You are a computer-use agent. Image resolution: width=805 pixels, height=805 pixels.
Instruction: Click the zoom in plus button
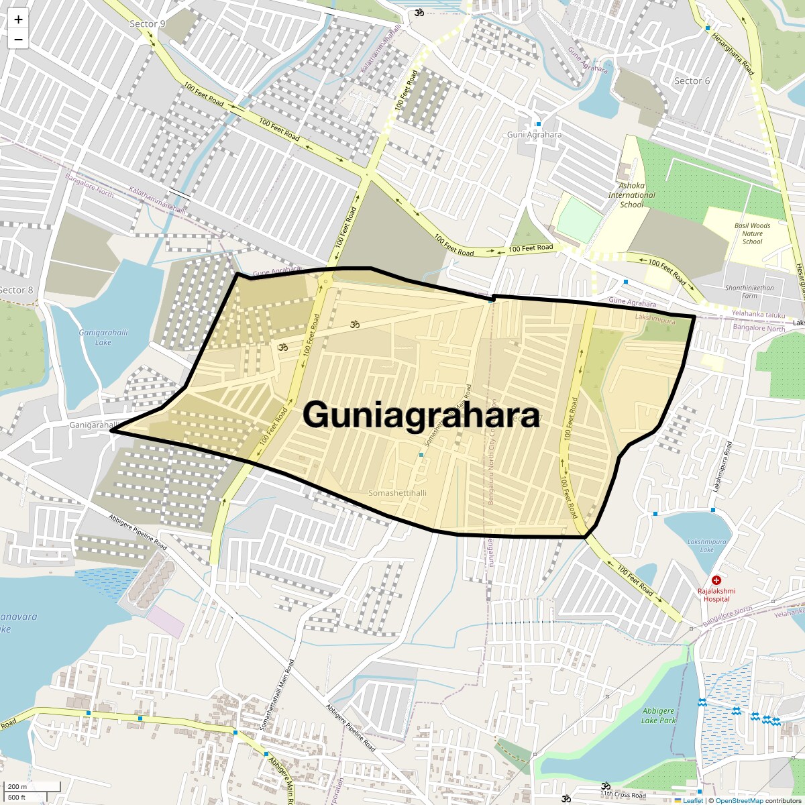click(18, 19)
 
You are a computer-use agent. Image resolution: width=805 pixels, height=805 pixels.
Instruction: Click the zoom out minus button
click(18, 40)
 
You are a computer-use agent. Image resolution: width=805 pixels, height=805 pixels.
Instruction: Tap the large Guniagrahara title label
click(421, 415)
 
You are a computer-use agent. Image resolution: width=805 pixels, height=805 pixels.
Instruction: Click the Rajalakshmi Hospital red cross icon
click(716, 580)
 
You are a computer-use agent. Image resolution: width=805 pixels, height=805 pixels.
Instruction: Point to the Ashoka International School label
click(631, 195)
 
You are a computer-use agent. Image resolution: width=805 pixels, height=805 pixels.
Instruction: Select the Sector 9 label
click(148, 24)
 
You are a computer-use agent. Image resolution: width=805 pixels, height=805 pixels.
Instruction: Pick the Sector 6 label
click(692, 81)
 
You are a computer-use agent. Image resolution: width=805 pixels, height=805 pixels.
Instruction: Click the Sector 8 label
click(16, 290)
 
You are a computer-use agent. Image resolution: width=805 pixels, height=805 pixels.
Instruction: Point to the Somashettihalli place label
click(398, 493)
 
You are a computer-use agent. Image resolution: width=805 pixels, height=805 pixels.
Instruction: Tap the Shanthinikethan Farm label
click(749, 292)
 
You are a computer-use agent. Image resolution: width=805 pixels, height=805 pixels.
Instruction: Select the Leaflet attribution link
click(692, 800)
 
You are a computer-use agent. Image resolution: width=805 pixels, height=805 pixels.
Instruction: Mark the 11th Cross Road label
click(623, 795)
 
